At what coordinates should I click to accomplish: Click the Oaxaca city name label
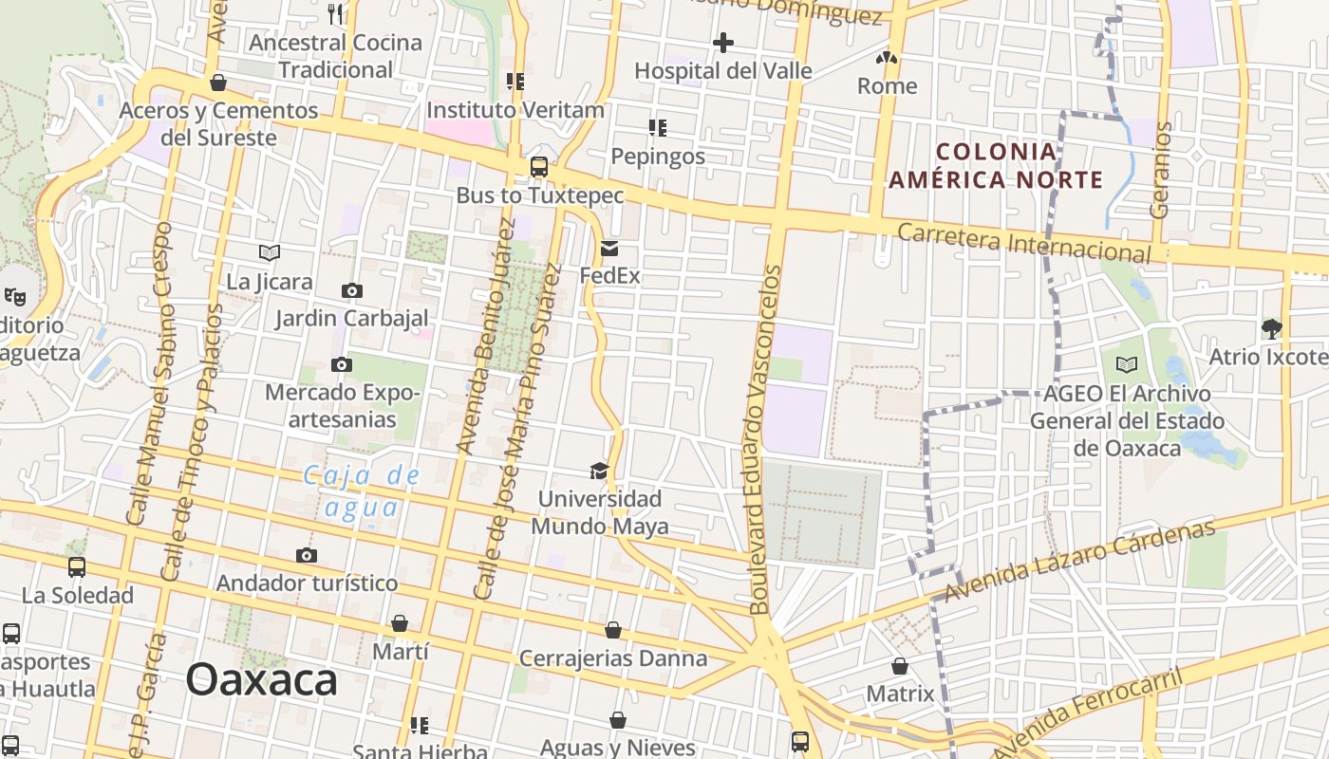261,679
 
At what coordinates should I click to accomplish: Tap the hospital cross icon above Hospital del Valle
723,43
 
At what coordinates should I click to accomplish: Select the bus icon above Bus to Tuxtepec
539,167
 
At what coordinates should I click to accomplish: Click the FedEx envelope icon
609,249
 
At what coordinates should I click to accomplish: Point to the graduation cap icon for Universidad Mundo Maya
599,471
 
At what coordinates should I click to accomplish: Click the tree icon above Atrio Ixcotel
1272,329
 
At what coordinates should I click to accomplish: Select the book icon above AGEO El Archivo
1127,364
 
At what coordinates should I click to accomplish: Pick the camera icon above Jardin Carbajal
352,290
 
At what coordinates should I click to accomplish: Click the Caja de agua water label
362,491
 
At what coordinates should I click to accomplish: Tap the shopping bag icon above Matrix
900,666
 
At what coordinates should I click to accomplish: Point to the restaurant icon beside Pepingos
658,127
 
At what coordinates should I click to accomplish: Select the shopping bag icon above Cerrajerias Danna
613,630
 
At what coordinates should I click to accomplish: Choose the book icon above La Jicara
270,252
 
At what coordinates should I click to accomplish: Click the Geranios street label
1159,170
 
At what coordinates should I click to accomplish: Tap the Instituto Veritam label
515,110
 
